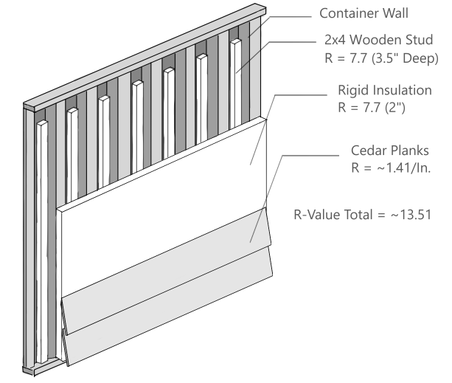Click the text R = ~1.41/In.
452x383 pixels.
(392, 168)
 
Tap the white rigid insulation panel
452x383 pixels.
(162, 221)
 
